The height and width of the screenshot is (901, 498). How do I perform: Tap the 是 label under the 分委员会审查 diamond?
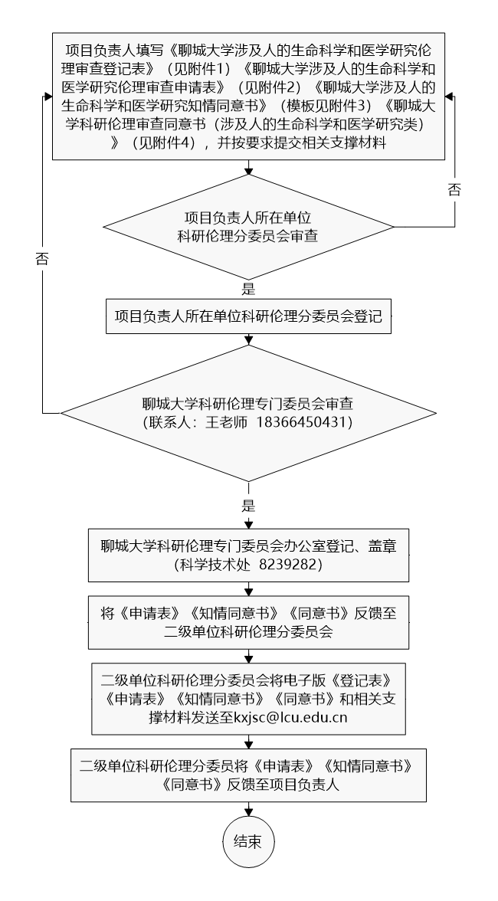[248, 289]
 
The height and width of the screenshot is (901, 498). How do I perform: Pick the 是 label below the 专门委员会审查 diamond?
[248, 506]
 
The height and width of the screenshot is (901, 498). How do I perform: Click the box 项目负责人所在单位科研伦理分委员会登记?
[248, 315]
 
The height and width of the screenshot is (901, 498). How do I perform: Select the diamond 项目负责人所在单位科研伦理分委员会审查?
[248, 228]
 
